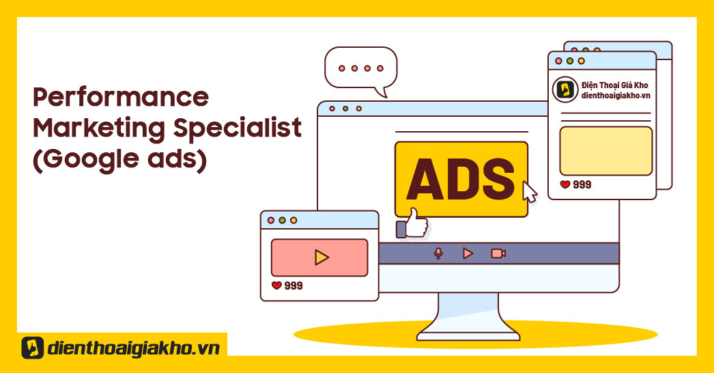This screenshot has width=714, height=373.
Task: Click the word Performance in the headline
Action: coord(121,97)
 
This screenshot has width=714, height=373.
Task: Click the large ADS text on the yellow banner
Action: coord(460,179)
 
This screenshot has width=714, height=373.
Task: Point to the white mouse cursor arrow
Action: coord(529,191)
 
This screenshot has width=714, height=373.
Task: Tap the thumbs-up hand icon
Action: coord(412,223)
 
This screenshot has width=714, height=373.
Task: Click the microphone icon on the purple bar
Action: coord(438,253)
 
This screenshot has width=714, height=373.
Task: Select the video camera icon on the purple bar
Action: coord(498,253)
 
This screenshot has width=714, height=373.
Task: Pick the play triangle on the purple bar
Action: coord(468,253)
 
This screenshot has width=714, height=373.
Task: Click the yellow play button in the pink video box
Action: coord(322,257)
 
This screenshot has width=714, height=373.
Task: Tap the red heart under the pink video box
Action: coord(276,286)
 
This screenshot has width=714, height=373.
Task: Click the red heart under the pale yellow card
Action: coord(565,184)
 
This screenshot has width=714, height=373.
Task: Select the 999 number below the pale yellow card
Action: coord(582,184)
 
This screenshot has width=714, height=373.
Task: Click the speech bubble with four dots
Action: coord(360,68)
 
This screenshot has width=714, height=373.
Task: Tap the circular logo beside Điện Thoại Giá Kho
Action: coord(565,89)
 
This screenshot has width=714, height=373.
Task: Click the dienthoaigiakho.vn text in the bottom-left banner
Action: coord(133,348)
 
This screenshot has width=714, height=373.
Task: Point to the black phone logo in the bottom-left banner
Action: coord(33,348)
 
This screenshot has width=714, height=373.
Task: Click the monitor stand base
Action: coord(468,337)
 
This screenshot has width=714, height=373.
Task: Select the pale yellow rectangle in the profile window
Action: coord(606,151)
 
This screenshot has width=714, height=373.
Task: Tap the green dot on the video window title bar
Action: coord(283,220)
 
